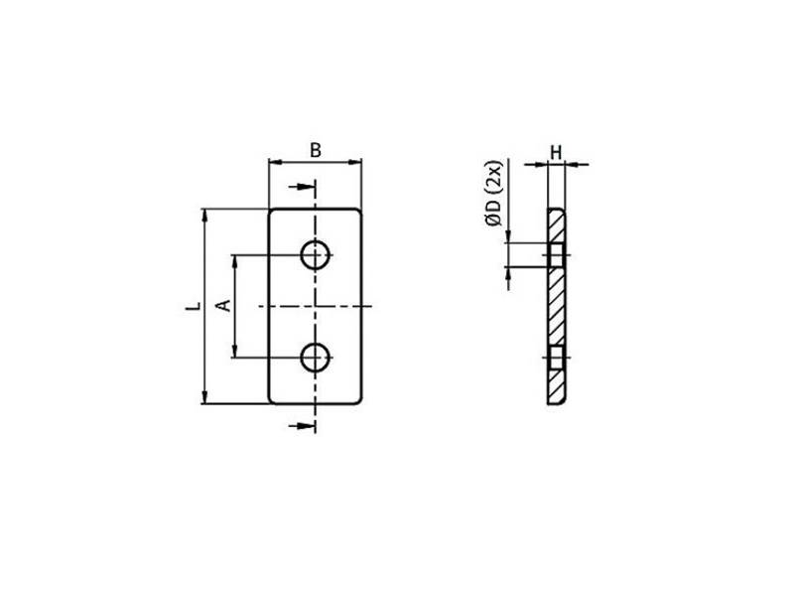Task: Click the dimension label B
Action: (315, 151)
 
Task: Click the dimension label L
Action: (193, 306)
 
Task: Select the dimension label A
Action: (224, 306)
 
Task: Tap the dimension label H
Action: (556, 152)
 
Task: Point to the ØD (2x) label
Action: (493, 193)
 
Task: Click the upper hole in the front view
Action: (315, 255)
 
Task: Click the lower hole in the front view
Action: (315, 358)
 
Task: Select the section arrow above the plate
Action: (303, 187)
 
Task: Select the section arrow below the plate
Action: (303, 426)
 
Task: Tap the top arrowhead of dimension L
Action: (204, 215)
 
